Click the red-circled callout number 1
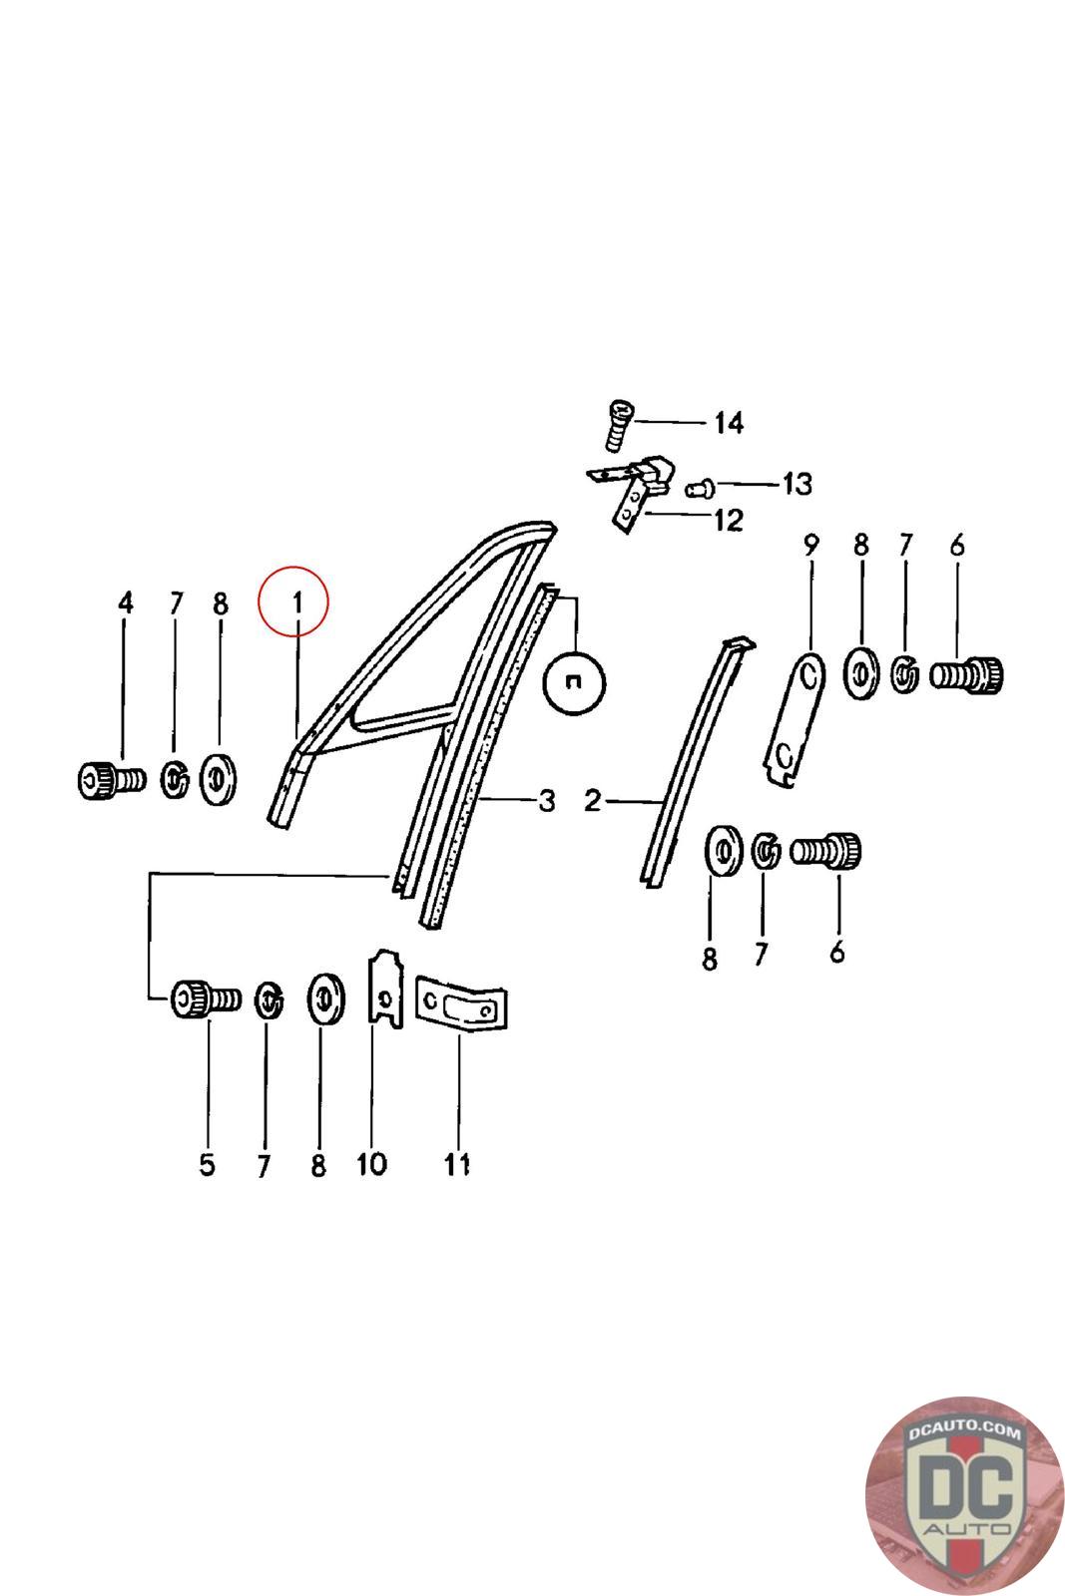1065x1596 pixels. click(296, 602)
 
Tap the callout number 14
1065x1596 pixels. click(729, 423)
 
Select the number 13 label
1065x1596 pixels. click(798, 485)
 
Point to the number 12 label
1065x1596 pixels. click(729, 520)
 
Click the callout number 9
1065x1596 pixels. click(811, 545)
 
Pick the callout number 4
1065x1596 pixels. click(126, 602)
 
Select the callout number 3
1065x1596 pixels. click(547, 801)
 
